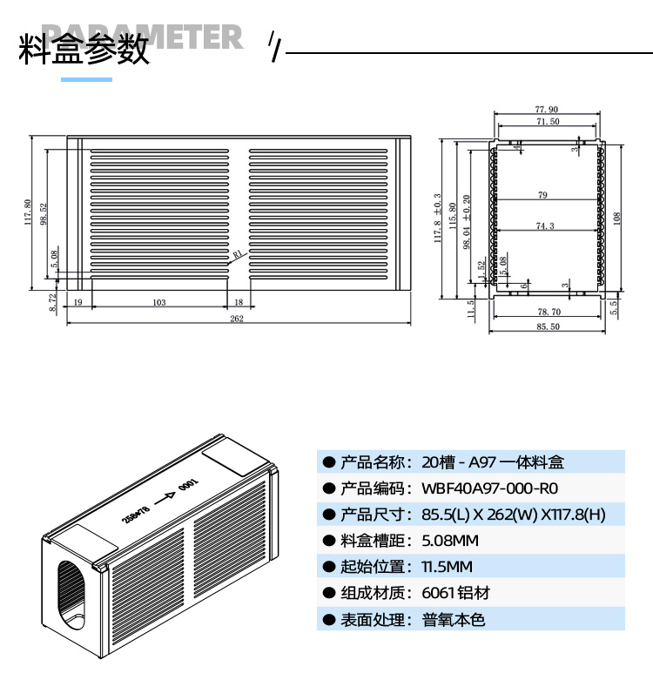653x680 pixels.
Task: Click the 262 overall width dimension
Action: pyautogui.click(x=237, y=319)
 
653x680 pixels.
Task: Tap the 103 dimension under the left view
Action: pyautogui.click(x=158, y=302)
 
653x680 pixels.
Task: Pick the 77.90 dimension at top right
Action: pyautogui.click(x=547, y=110)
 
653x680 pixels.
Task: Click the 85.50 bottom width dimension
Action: pyautogui.click(x=548, y=327)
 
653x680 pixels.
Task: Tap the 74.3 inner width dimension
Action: pyautogui.click(x=545, y=226)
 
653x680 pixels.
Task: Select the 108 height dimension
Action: pyautogui.click(x=616, y=216)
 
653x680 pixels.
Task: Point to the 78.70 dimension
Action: pyautogui.click(x=549, y=311)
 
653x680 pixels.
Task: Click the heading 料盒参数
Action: pyautogui.click(x=84, y=50)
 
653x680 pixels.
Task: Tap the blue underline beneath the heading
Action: pyautogui.click(x=86, y=79)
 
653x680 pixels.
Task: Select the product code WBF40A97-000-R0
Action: pyautogui.click(x=489, y=488)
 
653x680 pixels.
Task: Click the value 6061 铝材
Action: pyautogui.click(x=455, y=593)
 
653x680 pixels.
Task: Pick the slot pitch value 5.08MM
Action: pyautogui.click(x=449, y=541)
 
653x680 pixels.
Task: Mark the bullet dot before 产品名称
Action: pyautogui.click(x=328, y=462)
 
